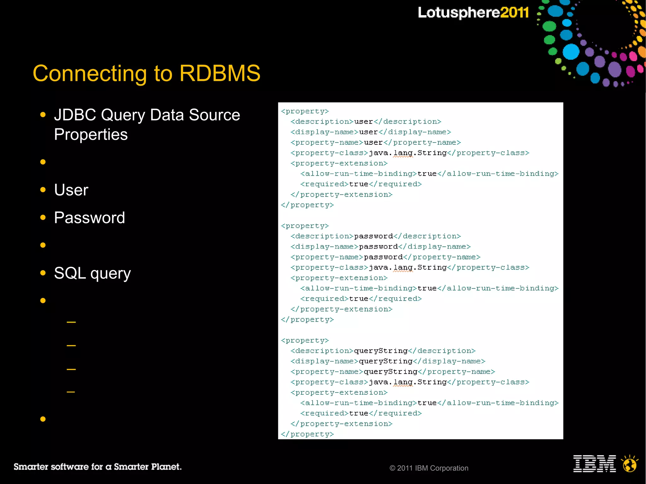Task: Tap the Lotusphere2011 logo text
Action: [x=473, y=13]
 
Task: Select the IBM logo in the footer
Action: [x=594, y=464]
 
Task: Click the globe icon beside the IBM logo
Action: [x=630, y=464]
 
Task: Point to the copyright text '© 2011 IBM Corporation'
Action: [x=429, y=468]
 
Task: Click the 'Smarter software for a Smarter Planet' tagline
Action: [x=97, y=467]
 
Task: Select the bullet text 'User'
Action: [x=71, y=190]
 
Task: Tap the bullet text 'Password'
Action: [x=90, y=218]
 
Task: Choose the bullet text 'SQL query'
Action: [x=92, y=273]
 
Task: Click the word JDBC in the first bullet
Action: [x=75, y=115]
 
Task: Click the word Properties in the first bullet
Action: [x=91, y=135]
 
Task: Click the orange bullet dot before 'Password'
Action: [x=43, y=217]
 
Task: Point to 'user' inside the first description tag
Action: [x=363, y=122]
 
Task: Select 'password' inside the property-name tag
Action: [x=383, y=257]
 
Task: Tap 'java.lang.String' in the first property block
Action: [x=408, y=153]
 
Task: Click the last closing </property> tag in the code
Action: [x=307, y=434]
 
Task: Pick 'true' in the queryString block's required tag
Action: [x=359, y=413]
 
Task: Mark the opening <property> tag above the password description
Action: [x=305, y=226]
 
